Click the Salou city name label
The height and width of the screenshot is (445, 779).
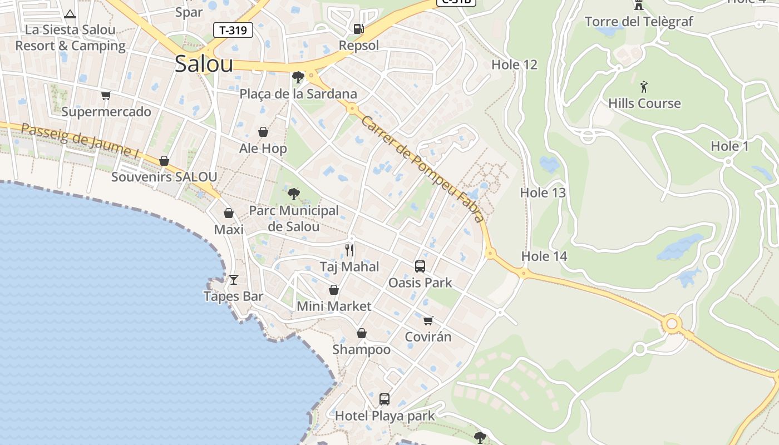(204, 65)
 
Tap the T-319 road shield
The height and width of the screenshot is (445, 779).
(233, 30)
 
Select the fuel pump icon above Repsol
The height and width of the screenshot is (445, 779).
(359, 28)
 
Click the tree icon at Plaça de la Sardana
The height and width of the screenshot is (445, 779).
(298, 77)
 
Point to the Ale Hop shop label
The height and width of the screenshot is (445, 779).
(263, 149)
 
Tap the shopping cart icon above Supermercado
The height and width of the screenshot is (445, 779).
(106, 95)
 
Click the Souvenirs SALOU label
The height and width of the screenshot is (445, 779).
(164, 177)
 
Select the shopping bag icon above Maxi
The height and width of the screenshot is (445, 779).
(228, 213)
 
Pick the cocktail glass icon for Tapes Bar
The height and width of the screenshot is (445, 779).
(233, 279)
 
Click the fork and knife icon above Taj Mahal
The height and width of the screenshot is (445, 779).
(349, 250)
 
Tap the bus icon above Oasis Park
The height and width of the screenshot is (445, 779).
(420, 266)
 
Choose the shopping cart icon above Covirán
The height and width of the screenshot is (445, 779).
(428, 320)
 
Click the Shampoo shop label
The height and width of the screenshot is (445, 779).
(361, 349)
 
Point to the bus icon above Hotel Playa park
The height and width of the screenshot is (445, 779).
(384, 399)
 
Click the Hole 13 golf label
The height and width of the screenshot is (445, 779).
(543, 193)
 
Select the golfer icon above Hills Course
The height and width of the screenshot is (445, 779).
(644, 87)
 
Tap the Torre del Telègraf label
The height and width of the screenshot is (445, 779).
(639, 22)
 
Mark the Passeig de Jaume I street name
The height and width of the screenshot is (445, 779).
(80, 141)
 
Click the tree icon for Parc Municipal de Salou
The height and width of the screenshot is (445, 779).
(293, 194)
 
